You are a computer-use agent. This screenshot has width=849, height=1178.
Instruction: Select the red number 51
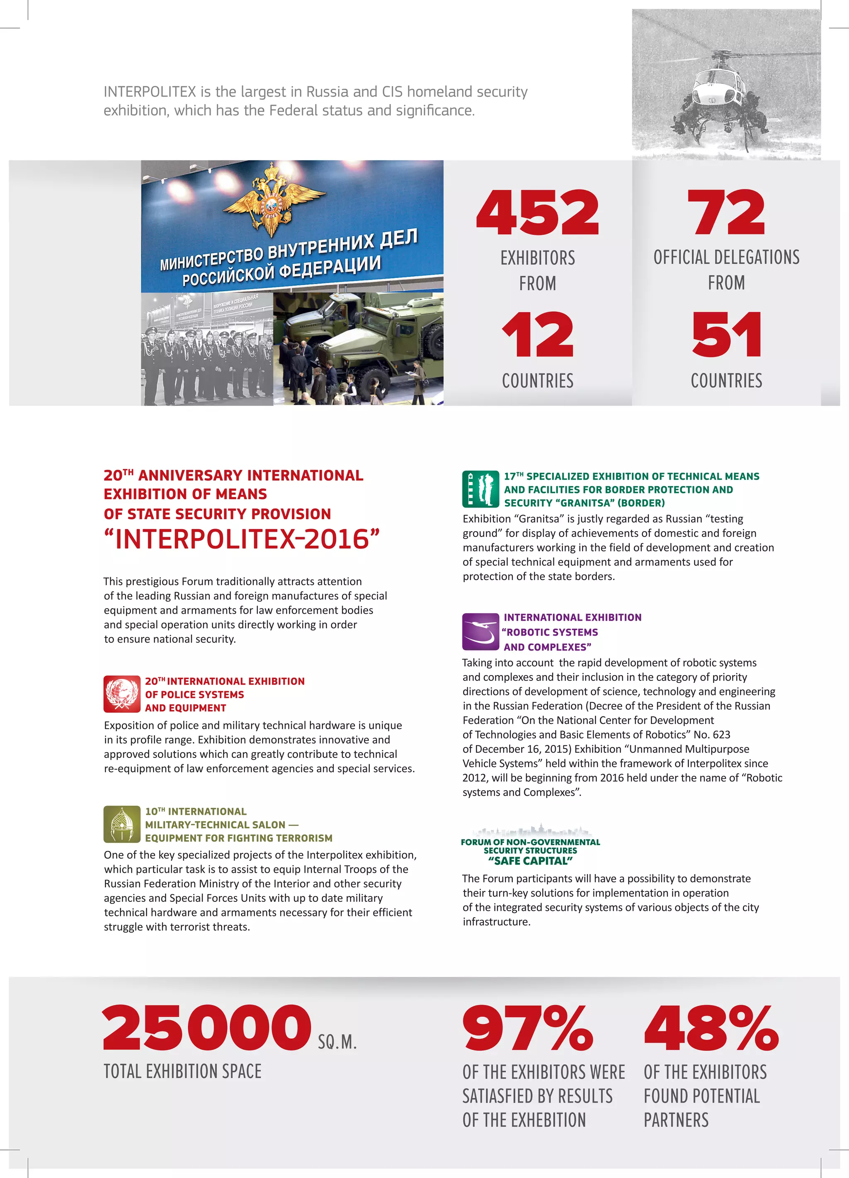coord(726,335)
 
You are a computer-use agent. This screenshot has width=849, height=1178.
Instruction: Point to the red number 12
coord(537,335)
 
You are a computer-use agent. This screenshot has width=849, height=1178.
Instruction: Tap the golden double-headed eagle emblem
coord(271,199)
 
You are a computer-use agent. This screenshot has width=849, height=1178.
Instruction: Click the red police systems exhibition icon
coord(121,693)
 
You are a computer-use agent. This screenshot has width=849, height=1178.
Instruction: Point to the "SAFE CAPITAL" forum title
coord(530,861)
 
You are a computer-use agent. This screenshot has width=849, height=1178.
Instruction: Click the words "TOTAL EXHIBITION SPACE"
coord(182,1071)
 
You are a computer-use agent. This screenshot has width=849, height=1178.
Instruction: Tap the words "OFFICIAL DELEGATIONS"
coord(726,257)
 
